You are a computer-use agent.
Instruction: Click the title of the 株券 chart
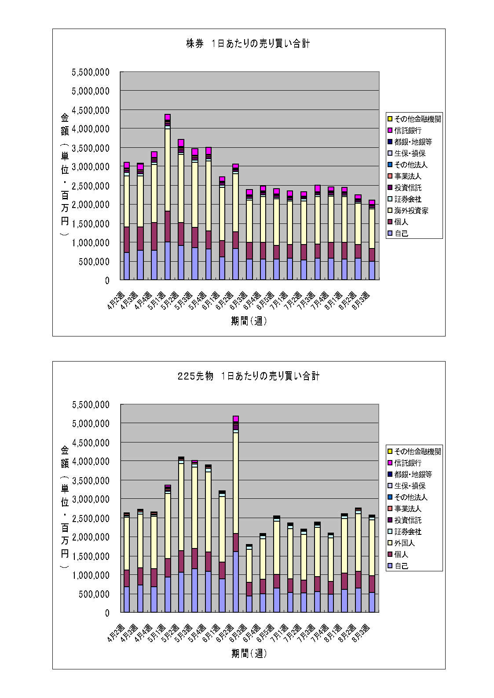(248, 44)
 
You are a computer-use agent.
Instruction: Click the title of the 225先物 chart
(249, 376)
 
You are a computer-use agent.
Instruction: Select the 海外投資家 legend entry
(411, 211)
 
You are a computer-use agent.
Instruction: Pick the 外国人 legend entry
(404, 543)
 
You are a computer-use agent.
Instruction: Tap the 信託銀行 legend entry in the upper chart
(407, 131)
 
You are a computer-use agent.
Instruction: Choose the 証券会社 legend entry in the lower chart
(407, 532)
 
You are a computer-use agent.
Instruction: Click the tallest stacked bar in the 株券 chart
(168, 198)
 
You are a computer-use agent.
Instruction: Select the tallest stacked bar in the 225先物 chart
(236, 515)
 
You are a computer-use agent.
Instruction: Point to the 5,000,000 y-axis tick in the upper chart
(91, 91)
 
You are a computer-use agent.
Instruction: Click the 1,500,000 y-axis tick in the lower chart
(91, 556)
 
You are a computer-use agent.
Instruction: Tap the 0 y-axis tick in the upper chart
(107, 280)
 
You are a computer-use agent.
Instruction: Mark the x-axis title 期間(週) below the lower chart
(249, 654)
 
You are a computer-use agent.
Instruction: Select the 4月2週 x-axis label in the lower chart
(117, 633)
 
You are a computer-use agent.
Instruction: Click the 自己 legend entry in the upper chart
(401, 234)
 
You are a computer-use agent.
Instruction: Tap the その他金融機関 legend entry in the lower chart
(417, 452)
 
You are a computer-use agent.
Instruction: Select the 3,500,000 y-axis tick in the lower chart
(91, 480)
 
